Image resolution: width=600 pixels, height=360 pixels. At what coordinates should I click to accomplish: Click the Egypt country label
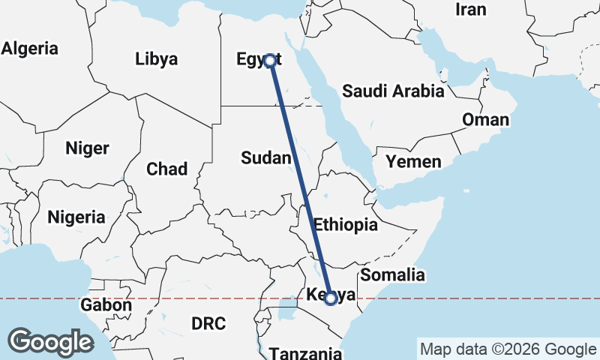(x=257, y=59)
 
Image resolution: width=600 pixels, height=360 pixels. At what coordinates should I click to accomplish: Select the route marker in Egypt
(x=269, y=61)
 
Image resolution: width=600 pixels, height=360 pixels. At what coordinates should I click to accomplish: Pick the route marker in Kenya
(x=330, y=298)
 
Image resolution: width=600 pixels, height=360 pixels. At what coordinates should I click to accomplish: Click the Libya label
(x=156, y=58)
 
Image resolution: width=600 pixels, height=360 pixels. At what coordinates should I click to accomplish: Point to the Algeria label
(x=29, y=49)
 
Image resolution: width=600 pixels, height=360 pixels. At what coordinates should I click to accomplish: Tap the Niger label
(x=87, y=148)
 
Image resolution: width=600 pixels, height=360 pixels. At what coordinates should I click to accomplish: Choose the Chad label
(x=166, y=169)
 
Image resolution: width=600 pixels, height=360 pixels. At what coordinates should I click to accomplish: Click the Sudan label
(x=265, y=157)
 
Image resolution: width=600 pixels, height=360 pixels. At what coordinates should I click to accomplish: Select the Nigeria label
(x=76, y=217)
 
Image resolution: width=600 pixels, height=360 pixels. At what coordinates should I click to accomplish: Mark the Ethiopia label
(x=345, y=223)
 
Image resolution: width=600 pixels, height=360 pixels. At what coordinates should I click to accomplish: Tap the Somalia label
(x=392, y=274)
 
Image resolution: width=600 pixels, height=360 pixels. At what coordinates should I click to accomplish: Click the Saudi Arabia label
(x=393, y=91)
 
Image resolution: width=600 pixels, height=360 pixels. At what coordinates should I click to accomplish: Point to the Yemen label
(x=413, y=161)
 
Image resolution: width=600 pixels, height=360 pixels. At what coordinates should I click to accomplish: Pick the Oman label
(x=485, y=119)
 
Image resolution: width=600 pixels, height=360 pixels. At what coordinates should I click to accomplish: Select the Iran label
(x=471, y=10)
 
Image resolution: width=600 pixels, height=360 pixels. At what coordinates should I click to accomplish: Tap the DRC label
(x=208, y=323)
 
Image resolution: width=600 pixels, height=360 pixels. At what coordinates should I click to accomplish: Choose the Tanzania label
(x=305, y=352)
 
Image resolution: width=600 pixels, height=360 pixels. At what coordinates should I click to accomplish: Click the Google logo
(x=50, y=341)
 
